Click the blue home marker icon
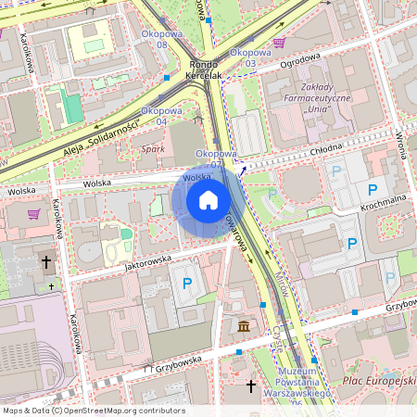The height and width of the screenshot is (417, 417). click(x=208, y=200)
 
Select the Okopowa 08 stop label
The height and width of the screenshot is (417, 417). click(x=160, y=38)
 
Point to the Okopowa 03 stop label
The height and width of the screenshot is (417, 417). click(x=249, y=57)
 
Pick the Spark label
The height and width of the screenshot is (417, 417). click(x=152, y=148)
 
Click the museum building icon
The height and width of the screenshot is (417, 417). click(x=243, y=326)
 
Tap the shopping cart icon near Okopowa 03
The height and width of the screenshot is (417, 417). click(x=279, y=43)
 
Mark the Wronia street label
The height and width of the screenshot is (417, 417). click(x=401, y=143)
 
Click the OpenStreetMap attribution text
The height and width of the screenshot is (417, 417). click(x=94, y=411)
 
